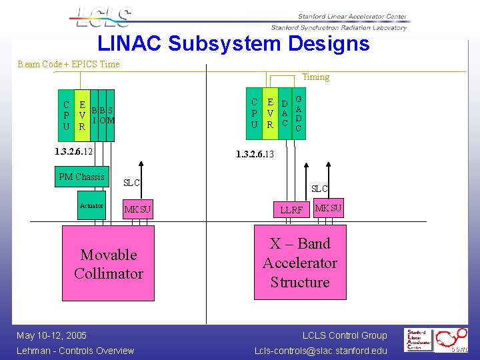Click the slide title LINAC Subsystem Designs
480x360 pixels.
click(x=233, y=44)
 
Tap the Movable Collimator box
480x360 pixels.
click(x=108, y=264)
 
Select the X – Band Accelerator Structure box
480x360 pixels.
click(x=300, y=263)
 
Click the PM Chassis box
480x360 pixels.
click(x=81, y=177)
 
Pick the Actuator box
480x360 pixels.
click(x=91, y=206)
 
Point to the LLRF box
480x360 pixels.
click(x=291, y=210)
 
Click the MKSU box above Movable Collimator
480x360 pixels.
click(x=138, y=210)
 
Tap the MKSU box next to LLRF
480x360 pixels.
click(x=328, y=209)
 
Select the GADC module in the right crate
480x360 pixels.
click(x=299, y=114)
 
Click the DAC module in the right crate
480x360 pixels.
click(x=285, y=114)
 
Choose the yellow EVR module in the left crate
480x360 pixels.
click(x=81, y=115)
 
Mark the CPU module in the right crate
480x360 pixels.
click(x=254, y=114)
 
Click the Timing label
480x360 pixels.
click(x=315, y=77)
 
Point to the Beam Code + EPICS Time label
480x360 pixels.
click(x=69, y=65)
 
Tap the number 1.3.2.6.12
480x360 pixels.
click(x=74, y=152)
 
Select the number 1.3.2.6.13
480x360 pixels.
click(x=255, y=155)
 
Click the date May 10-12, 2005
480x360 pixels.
click(x=52, y=335)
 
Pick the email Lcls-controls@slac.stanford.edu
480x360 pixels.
click(x=321, y=351)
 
